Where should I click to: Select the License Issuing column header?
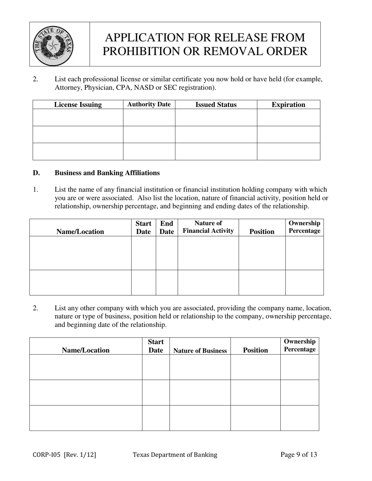tap(78, 105)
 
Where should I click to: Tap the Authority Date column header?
tap(149, 104)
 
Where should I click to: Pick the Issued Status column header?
tap(216, 105)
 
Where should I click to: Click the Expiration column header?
tap(288, 105)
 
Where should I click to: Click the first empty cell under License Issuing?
tap(78, 117)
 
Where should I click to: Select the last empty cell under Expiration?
tap(288, 152)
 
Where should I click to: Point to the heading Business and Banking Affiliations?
tap(107, 173)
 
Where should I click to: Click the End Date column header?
tap(166, 228)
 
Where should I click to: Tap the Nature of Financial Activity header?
tap(208, 227)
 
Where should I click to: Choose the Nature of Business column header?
tap(200, 351)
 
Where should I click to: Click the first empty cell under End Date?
tap(166, 253)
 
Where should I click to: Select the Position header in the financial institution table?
tap(262, 232)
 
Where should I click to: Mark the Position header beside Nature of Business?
tap(255, 350)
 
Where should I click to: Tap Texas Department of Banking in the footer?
tap(175, 455)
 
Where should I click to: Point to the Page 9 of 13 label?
tap(299, 455)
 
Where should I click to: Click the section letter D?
tap(36, 173)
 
